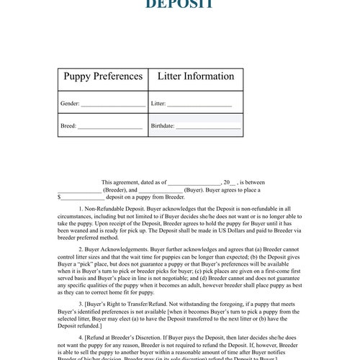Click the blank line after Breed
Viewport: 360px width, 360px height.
109,127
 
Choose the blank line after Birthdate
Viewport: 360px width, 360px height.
208,127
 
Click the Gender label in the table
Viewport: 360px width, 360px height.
70,104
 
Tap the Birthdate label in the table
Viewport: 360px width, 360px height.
163,126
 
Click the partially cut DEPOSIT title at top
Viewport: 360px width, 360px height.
179,4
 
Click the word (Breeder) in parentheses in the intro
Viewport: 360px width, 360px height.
109,190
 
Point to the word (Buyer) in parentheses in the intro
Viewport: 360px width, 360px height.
197,190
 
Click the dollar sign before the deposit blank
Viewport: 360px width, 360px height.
59,197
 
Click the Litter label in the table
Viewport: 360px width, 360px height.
158,104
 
